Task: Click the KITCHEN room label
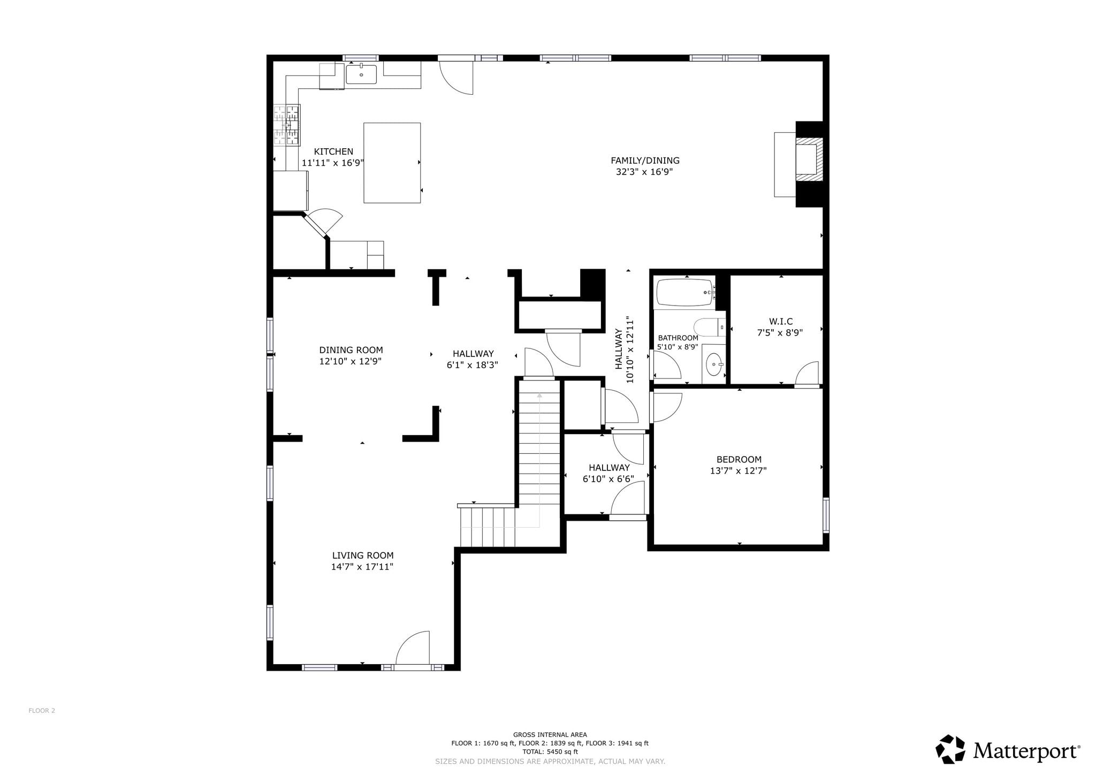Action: click(x=333, y=151)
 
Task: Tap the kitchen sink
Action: click(x=361, y=74)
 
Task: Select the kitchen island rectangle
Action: click(x=392, y=163)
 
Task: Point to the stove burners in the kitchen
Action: click(x=286, y=125)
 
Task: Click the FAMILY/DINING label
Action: click(x=645, y=160)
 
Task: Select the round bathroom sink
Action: click(x=714, y=365)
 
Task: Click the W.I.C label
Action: click(x=781, y=321)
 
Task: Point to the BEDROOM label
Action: click(x=739, y=459)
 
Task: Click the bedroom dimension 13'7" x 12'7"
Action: click(x=739, y=471)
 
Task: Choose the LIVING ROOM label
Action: click(x=363, y=556)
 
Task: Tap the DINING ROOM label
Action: click(x=351, y=350)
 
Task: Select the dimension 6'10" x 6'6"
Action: click(x=608, y=479)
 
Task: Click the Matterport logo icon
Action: click(x=950, y=749)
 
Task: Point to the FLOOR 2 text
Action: click(x=42, y=711)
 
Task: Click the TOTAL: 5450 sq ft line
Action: click(x=550, y=751)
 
